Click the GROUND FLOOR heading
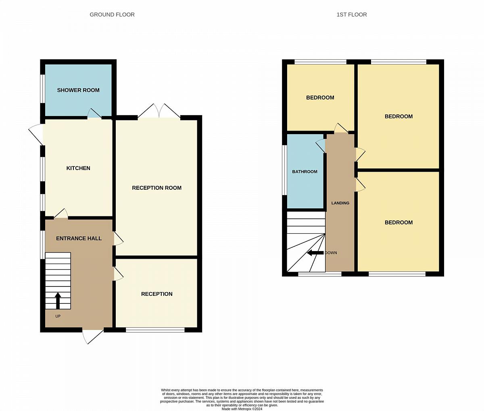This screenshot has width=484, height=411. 112,15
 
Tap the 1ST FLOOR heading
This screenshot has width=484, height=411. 351,15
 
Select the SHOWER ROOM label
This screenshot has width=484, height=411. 78,90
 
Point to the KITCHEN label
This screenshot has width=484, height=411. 78,168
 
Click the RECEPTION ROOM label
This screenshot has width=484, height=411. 156,188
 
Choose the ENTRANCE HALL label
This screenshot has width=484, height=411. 79,239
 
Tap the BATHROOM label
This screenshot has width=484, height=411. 305,172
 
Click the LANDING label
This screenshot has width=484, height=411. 340,203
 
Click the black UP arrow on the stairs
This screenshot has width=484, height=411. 58,301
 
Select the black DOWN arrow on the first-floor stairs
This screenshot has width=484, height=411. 315,253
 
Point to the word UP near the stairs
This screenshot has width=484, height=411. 58,316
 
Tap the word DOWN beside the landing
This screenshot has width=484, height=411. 331,253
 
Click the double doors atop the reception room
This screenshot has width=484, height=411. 159,111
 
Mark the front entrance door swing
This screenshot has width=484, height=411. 92,336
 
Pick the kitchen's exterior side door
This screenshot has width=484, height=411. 36,134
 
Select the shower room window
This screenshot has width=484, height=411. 43,88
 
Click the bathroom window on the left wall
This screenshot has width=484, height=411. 284,170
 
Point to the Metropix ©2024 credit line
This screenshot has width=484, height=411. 242,409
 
